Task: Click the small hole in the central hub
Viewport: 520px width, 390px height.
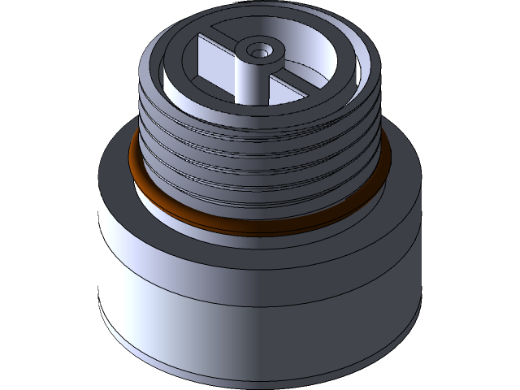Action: pyautogui.click(x=260, y=51)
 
